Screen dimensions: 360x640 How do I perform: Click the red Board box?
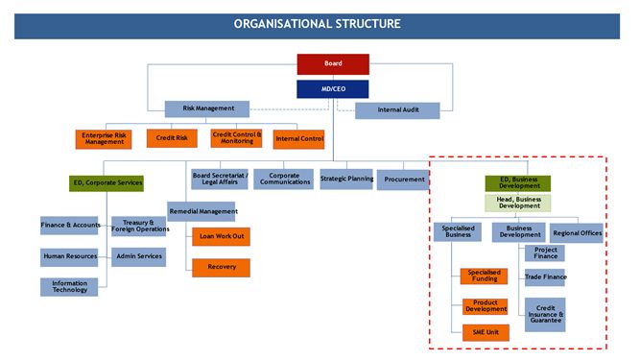[x=333, y=64]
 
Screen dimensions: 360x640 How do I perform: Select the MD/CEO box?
[x=333, y=88]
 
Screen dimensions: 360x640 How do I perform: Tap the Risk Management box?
[x=206, y=108]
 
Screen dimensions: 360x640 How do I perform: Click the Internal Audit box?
[x=397, y=110]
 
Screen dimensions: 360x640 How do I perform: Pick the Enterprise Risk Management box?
[x=104, y=139]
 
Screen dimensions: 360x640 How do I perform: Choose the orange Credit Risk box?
[x=172, y=138]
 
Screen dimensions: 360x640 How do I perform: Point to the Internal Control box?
[x=299, y=139]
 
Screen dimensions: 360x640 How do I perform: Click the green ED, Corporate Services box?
[x=107, y=181]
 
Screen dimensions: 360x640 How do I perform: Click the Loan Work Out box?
[x=221, y=235]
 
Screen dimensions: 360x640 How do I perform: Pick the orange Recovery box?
[x=221, y=268]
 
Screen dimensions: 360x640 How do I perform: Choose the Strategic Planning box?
[x=346, y=179]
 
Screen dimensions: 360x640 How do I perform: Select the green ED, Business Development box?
[x=518, y=182]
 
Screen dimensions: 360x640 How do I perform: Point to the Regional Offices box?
[x=577, y=232]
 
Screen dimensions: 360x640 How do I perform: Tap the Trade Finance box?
[x=545, y=277]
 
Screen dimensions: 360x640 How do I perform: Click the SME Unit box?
[x=485, y=332]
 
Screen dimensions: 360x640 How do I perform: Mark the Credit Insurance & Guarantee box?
[x=545, y=314]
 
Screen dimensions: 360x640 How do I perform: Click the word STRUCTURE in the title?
[x=358, y=23]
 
